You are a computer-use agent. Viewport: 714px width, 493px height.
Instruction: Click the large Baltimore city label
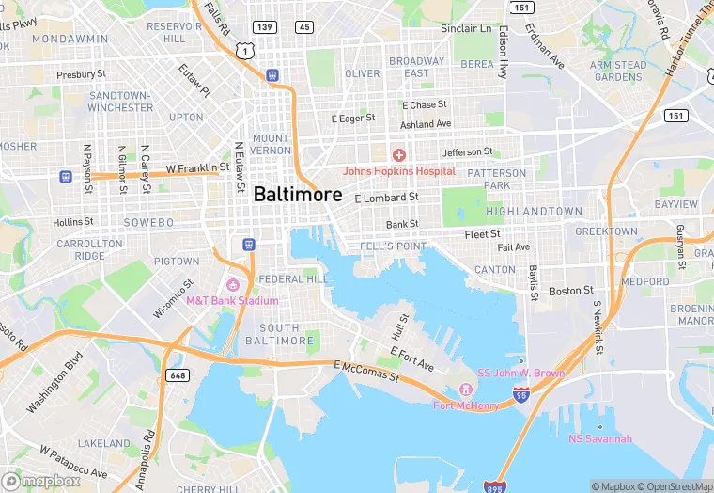tap(298, 193)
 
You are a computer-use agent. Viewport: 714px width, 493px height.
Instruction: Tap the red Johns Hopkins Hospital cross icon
tap(398, 154)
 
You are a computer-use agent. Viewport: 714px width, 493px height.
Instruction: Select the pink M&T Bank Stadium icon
tap(232, 284)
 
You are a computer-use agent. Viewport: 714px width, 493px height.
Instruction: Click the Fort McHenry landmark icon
tap(463, 390)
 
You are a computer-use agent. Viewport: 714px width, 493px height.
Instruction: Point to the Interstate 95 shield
tap(521, 396)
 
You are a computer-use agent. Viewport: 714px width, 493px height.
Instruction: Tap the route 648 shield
tap(176, 374)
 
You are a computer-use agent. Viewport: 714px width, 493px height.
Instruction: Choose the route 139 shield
tap(267, 27)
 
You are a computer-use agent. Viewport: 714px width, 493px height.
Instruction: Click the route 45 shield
tap(303, 27)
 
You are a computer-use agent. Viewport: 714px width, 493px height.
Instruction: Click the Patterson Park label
tap(497, 180)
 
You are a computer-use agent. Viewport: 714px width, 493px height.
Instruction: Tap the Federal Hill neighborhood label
tap(293, 279)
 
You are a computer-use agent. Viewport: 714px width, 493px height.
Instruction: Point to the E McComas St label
tap(365, 371)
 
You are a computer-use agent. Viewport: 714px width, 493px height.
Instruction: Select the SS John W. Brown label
tap(521, 374)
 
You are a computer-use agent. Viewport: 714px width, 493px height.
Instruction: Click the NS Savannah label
tap(600, 439)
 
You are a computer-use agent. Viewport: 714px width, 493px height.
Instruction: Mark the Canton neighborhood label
tap(494, 269)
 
